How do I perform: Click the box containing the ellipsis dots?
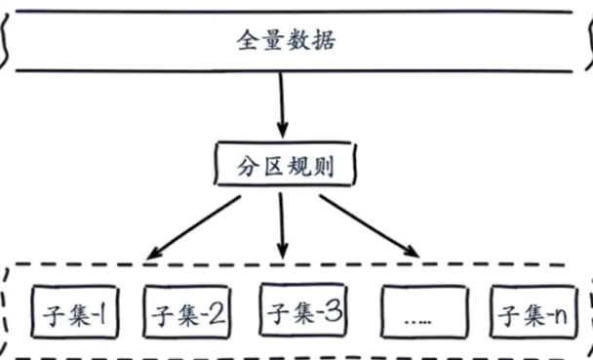tap(419, 314)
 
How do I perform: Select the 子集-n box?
tap(533, 313)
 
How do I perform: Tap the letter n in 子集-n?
tap(559, 315)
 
